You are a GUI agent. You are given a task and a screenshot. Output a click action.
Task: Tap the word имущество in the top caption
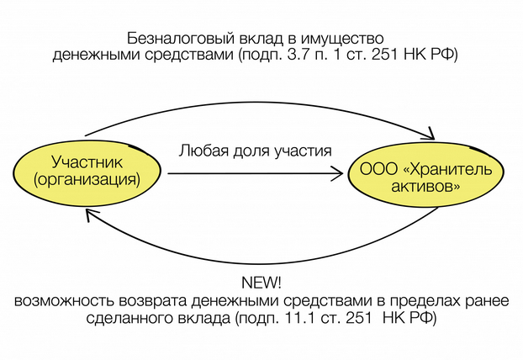(x=345, y=39)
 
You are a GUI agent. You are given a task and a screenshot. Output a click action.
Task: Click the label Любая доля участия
(x=255, y=151)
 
